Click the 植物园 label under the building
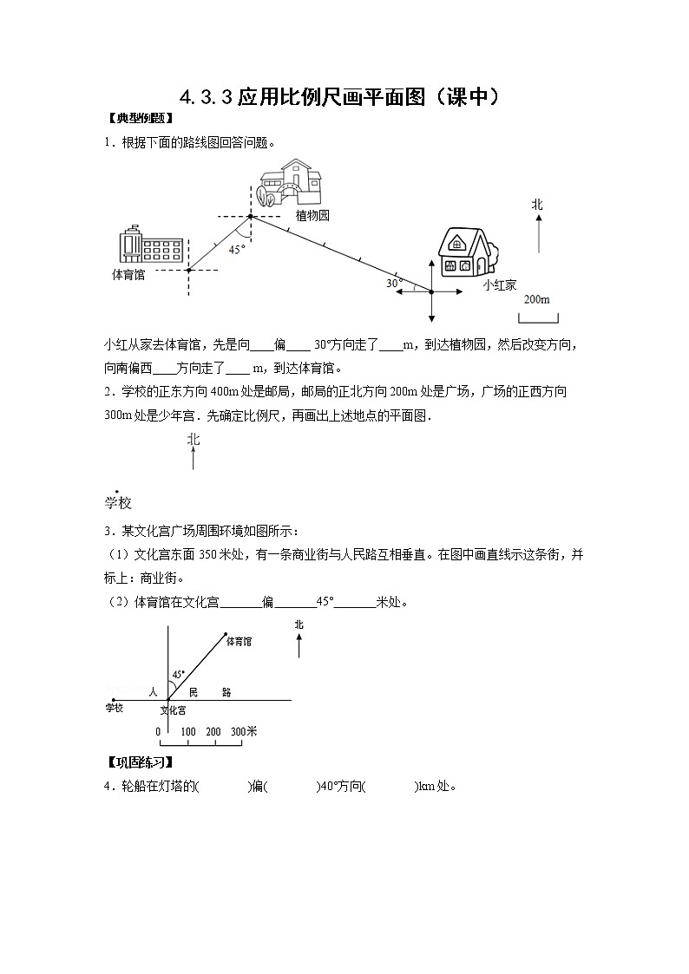tap(312, 215)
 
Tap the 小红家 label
tap(499, 284)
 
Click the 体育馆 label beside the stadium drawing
tap(128, 274)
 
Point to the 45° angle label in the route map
tap(236, 249)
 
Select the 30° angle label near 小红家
tap(394, 283)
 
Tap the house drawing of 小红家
tap(467, 252)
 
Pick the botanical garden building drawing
tap(292, 182)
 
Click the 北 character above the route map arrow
tap(537, 204)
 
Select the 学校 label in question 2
tap(117, 503)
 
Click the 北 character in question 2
tap(193, 440)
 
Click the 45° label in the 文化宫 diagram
tap(178, 674)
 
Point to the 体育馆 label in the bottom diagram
tap(239, 642)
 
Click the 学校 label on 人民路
tap(115, 709)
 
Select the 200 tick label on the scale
tap(213, 731)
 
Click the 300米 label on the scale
tap(245, 731)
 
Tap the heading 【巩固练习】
tap(138, 762)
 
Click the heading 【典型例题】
tap(138, 120)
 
